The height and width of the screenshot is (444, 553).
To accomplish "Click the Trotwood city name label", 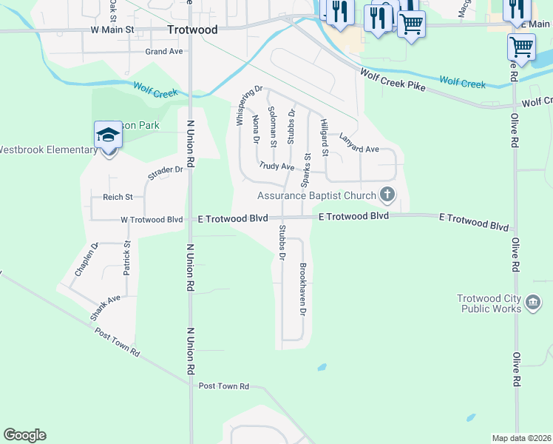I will point(193,30).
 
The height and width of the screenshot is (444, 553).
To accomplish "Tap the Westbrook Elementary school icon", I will point(108,135).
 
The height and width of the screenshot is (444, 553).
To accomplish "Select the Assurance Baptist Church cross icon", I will point(386,195).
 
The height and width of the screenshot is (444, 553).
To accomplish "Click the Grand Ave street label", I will point(163,52).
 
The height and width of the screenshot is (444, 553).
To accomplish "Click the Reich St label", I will point(118,197).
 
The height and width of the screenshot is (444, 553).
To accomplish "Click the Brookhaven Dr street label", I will point(302,289).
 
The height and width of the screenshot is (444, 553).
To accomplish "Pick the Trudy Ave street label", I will point(276,167).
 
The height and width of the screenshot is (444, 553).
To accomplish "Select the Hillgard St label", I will point(323,138).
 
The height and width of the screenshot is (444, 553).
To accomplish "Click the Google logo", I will point(24,435).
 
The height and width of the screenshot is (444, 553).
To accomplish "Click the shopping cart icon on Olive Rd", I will point(521,47).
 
